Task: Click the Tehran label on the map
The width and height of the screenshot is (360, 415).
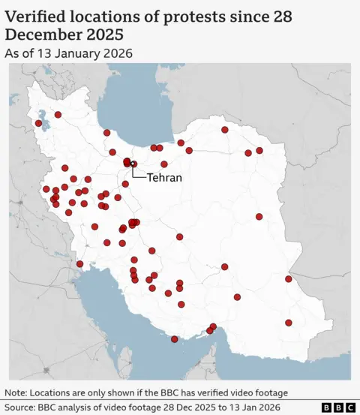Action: click(163, 179)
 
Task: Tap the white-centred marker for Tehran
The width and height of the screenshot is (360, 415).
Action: click(133, 164)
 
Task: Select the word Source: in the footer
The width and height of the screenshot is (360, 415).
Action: click(21, 407)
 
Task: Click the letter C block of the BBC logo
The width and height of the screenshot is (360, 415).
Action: click(349, 407)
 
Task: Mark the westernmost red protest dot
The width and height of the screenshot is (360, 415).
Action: click(38, 123)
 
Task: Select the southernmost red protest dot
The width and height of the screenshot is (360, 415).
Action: click(175, 339)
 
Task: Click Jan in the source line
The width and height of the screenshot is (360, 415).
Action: click(252, 407)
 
